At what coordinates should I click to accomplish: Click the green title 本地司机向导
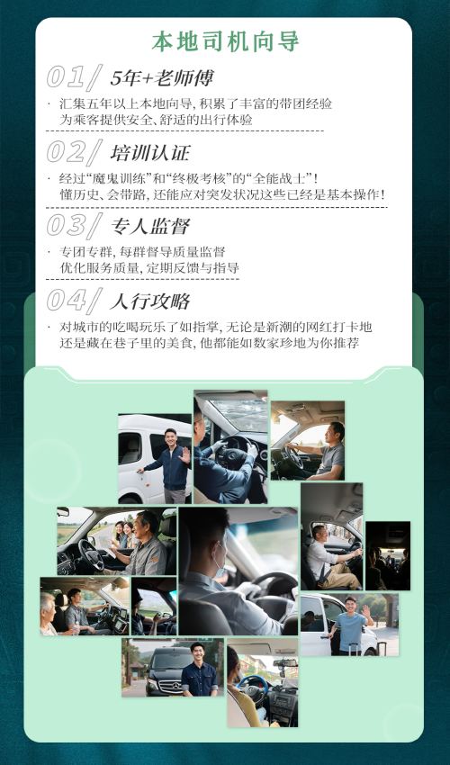[225, 42]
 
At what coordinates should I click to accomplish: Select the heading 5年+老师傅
[162, 78]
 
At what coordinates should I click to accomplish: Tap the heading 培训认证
[150, 153]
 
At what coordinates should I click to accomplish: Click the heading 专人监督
[150, 227]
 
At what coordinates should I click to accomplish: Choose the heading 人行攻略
[150, 301]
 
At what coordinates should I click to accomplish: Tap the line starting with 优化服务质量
[149, 268]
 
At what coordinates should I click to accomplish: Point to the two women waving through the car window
[123, 535]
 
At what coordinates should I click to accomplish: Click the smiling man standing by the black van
[199, 669]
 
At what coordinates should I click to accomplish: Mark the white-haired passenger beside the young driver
[49, 614]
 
